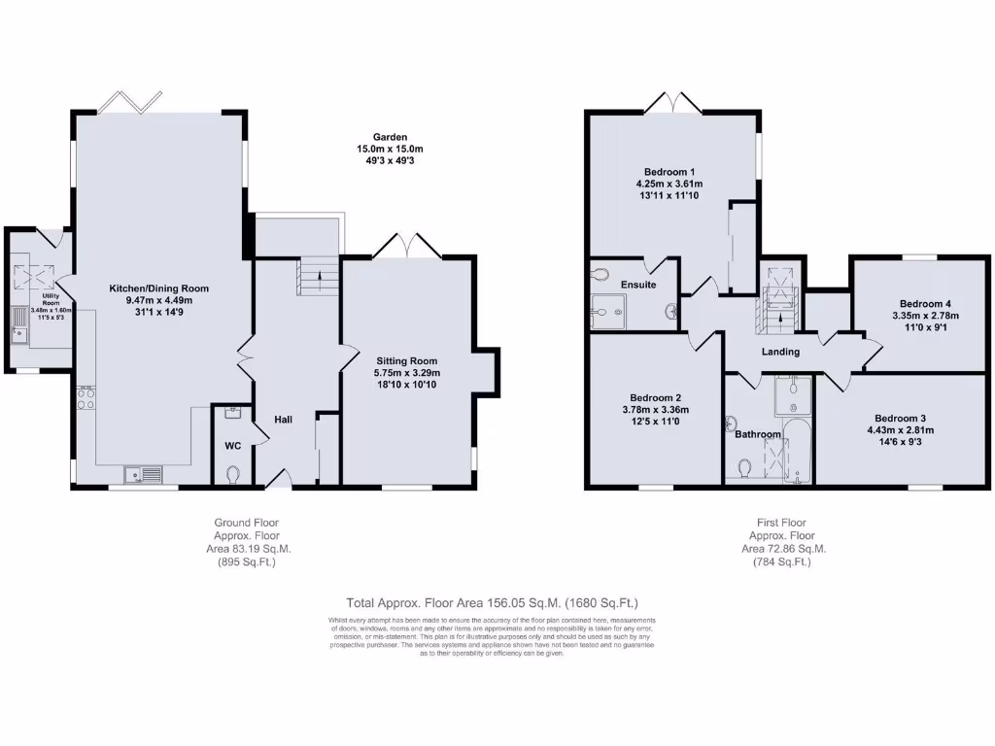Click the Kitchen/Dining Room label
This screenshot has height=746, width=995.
[159, 288]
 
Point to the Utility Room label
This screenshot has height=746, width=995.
[39, 295]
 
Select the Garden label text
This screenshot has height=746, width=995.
[390, 137]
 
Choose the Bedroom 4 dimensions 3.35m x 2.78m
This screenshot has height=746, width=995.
[925, 316]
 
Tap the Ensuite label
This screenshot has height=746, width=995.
[638, 285]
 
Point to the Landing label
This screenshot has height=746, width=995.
[780, 352]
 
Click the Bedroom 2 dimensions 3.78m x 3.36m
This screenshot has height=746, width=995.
[655, 410]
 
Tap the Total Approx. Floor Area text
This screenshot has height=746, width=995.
[492, 603]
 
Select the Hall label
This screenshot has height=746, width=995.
[283, 419]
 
